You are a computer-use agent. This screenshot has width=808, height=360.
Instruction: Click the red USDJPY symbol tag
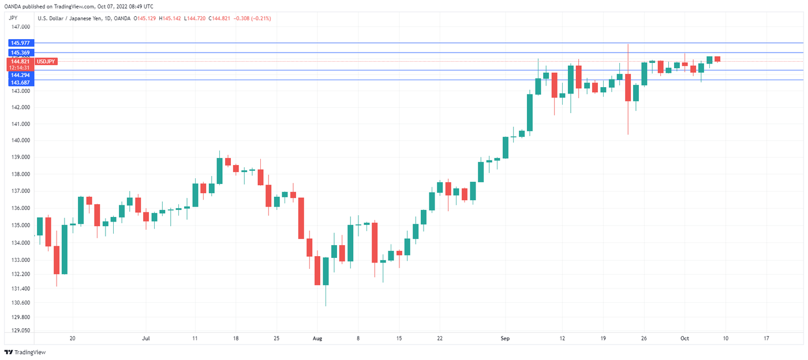(x=46, y=61)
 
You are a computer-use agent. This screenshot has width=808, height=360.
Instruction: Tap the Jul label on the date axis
(x=146, y=339)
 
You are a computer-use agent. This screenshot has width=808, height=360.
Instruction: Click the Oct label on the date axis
(x=684, y=339)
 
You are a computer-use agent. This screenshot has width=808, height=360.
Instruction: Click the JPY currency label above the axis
(x=14, y=18)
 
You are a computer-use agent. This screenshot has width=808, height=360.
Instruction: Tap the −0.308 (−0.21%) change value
(x=250, y=18)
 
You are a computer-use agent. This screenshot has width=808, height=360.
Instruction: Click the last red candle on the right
(x=717, y=59)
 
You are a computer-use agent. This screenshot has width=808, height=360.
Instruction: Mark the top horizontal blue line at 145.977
(x=404, y=43)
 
